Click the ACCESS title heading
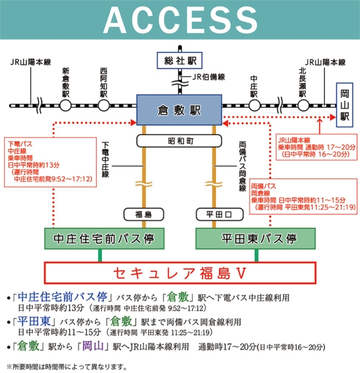coord(179,21)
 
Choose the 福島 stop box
coord(143,214)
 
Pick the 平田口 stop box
coord(214,214)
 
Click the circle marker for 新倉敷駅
coord(65,105)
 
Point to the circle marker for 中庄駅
coord(253,105)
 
